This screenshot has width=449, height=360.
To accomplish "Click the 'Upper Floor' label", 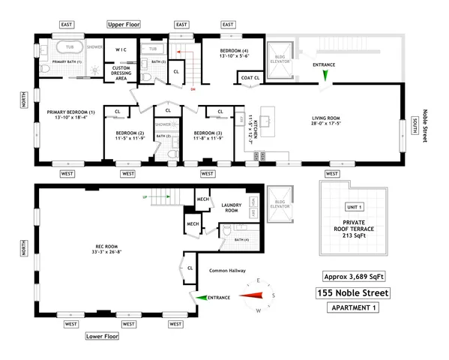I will pos(124,25).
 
